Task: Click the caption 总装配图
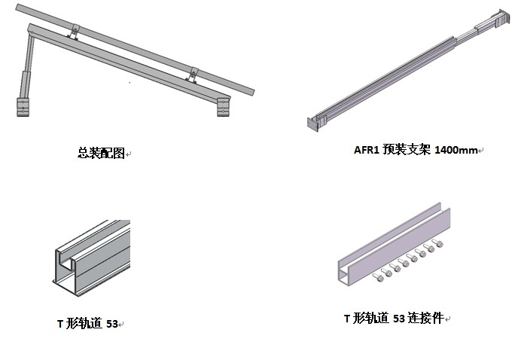[101, 152]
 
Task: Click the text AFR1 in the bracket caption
[367, 150]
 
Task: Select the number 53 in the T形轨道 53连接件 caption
[400, 319]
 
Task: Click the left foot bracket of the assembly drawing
[23, 106]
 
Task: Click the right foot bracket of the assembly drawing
[224, 106]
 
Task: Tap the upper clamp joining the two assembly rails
[74, 32]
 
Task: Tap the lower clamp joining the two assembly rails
[194, 74]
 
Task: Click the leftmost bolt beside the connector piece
[379, 277]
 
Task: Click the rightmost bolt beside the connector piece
[440, 243]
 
